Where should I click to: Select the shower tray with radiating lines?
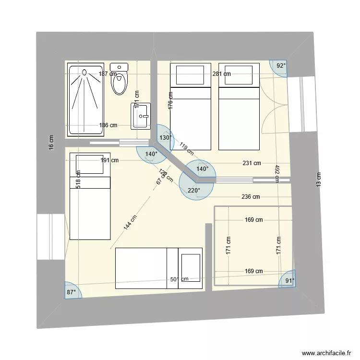pyautogui.click(x=85, y=99)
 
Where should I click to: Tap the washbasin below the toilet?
pyautogui.click(x=141, y=116)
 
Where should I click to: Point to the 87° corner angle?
pyautogui.click(x=71, y=292)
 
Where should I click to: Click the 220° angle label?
pyautogui.click(x=194, y=191)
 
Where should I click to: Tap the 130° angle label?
pyautogui.click(x=165, y=138)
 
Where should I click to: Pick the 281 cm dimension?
pyautogui.click(x=221, y=74)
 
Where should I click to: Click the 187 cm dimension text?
pyautogui.click(x=108, y=74)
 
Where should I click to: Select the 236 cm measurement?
pyautogui.click(x=250, y=197)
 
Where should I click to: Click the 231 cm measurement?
pyautogui.click(x=252, y=163)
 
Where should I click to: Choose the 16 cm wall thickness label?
pyautogui.click(x=51, y=143)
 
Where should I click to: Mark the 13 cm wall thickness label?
pyautogui.click(x=318, y=180)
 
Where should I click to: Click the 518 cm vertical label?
pyautogui.click(x=78, y=180)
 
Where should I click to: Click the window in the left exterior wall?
pyautogui.click(x=51, y=237)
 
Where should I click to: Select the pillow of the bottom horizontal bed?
pyautogui.click(x=190, y=268)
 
